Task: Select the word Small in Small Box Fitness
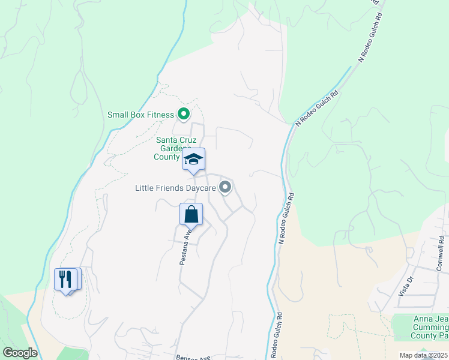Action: (x=118, y=115)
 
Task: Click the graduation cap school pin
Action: (x=193, y=160)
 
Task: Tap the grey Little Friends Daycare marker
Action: (x=225, y=188)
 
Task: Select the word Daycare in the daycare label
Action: (x=199, y=188)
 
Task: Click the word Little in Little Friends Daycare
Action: (x=146, y=188)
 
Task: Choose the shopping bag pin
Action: (x=191, y=214)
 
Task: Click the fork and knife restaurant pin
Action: (x=67, y=279)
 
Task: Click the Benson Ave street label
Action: (x=190, y=357)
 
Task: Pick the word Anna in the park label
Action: (x=422, y=319)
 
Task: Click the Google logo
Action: (x=20, y=353)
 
